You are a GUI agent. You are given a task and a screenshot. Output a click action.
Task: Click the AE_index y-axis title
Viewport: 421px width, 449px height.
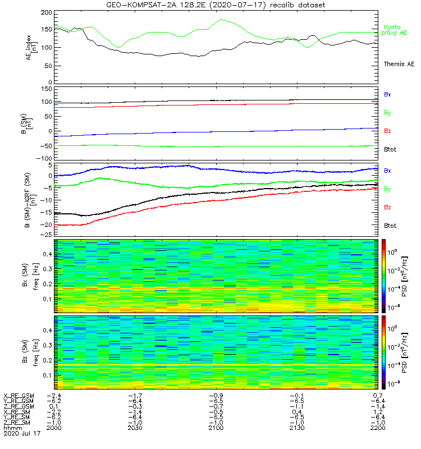(x=32, y=47)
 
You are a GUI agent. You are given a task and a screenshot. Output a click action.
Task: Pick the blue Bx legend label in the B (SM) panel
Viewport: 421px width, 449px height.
(x=387, y=94)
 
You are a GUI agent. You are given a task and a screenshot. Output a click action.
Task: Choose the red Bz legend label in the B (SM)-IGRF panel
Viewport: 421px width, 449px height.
(x=387, y=207)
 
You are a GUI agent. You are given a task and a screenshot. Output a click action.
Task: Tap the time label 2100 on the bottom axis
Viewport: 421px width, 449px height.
(x=215, y=428)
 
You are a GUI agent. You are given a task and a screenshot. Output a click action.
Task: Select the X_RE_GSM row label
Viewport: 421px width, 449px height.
(x=19, y=396)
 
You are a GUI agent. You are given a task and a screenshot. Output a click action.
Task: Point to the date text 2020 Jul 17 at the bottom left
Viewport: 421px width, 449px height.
(x=22, y=434)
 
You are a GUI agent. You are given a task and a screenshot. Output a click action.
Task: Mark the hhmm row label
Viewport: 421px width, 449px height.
(x=11, y=428)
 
